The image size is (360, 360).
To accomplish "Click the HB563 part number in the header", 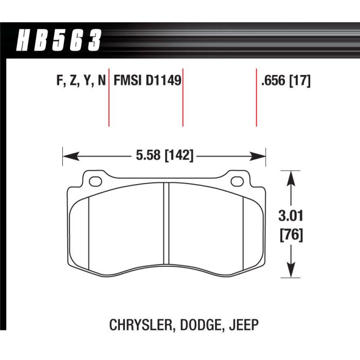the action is pos(59,40).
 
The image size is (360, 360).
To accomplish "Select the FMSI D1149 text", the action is pos(148,81).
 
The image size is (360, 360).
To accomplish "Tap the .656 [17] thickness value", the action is pos(286,81).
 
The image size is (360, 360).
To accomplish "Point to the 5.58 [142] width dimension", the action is pos(165,156).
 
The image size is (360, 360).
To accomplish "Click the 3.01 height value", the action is pos(291,216).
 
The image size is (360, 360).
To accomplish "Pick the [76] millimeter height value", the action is pos(291,235).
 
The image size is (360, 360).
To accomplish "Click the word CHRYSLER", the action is pos(140,325).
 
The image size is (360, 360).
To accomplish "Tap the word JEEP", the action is pos(244,325).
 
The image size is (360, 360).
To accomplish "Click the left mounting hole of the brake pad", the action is pos(95,182).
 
